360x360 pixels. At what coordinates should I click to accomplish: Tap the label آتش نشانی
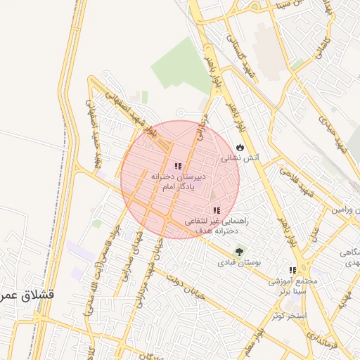pyautogui.click(x=241, y=159)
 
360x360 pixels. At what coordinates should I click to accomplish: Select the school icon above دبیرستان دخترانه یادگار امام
pyautogui.click(x=178, y=166)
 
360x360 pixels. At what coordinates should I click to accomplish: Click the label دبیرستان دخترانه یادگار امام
pyautogui.click(x=179, y=182)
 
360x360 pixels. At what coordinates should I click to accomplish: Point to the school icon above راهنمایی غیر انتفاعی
pyautogui.click(x=216, y=210)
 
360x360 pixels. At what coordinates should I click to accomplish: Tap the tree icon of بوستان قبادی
pyautogui.click(x=240, y=251)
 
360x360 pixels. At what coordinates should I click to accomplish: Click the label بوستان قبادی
pyautogui.click(x=240, y=262)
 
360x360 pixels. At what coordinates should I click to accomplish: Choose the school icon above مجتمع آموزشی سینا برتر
pyautogui.click(x=292, y=269)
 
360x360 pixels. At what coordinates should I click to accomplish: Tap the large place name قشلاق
pyautogui.click(x=29, y=294)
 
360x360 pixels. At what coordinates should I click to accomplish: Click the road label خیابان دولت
pyautogui.click(x=185, y=285)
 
